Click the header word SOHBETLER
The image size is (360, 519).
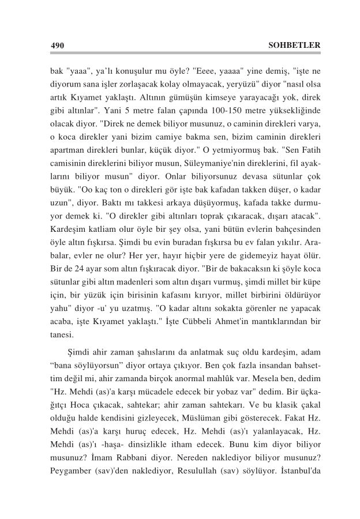click(x=294, y=45)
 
